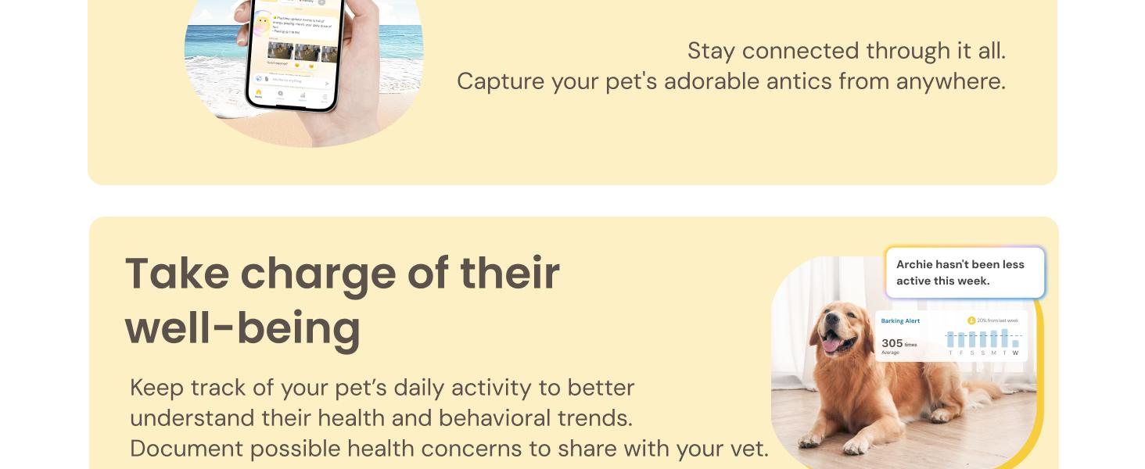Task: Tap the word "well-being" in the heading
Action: point(242,328)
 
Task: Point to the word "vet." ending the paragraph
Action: point(750,449)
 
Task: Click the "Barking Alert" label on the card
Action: point(900,321)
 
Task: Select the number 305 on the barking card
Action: point(892,343)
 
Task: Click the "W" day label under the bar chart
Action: point(1016,353)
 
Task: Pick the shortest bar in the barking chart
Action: point(1016,343)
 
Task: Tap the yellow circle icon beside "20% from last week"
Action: point(971,320)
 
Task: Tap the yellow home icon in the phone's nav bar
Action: point(258,94)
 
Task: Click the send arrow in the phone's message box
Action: point(327,81)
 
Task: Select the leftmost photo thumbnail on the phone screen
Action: point(280,52)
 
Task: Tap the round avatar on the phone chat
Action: point(262,23)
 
